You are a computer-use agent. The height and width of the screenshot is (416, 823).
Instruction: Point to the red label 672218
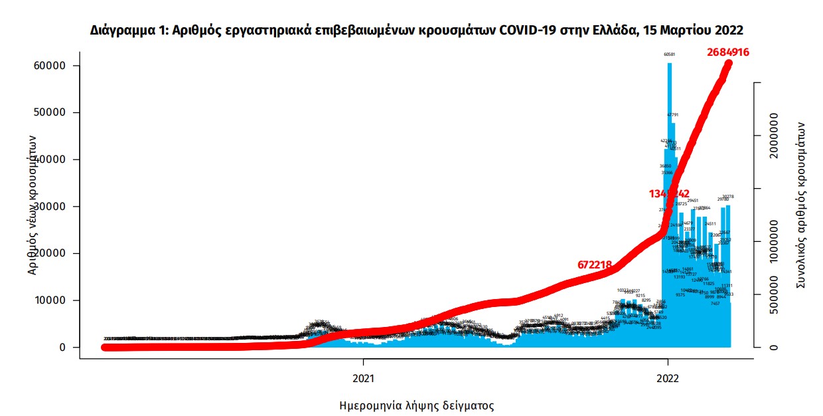(595, 264)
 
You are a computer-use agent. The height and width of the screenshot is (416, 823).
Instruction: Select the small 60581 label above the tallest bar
(670, 54)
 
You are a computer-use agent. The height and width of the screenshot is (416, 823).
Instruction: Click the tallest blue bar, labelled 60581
(670, 199)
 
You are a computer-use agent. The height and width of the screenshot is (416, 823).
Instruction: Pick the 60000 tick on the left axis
(52, 66)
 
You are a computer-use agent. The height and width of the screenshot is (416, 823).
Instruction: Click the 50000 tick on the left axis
(52, 113)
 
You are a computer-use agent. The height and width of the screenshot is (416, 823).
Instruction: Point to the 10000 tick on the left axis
(52, 300)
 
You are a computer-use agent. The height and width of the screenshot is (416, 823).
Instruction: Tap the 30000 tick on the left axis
(52, 207)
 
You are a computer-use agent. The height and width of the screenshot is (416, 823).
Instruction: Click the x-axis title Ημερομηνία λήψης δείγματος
(416, 405)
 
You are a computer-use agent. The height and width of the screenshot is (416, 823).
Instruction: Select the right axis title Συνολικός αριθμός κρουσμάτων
(801, 205)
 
